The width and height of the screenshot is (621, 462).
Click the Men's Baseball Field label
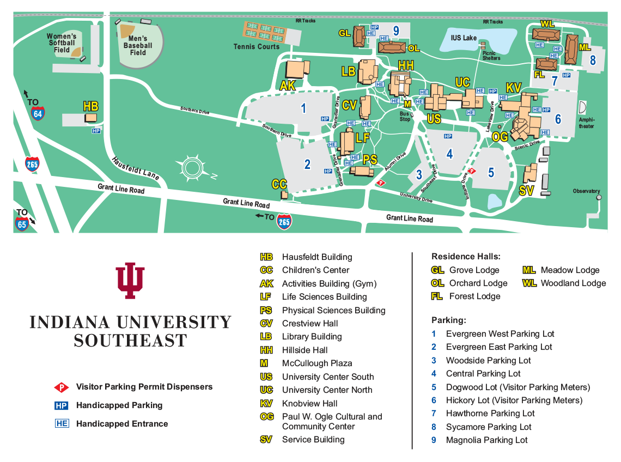(138, 46)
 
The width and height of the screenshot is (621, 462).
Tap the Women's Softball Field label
(61, 43)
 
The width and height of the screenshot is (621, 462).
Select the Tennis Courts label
(256, 47)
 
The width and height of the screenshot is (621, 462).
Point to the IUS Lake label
(464, 38)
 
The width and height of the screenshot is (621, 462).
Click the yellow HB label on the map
(90, 106)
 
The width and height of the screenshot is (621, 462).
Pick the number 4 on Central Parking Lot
(449, 154)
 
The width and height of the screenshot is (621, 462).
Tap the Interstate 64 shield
(38, 113)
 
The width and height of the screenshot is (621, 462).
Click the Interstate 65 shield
(22, 223)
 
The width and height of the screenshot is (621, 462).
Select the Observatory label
(586, 191)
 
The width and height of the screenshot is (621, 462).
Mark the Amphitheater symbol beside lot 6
(582, 107)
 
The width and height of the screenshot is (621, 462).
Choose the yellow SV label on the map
(526, 191)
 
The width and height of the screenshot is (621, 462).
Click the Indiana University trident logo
(130, 281)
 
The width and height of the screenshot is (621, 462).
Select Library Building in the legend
(312, 337)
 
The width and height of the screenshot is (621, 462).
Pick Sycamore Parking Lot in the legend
(488, 427)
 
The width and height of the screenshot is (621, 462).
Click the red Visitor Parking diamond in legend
(61, 387)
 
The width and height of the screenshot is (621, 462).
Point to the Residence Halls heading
(465, 256)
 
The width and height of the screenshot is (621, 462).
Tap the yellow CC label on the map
(279, 184)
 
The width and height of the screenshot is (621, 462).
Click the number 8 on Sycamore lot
(593, 60)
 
